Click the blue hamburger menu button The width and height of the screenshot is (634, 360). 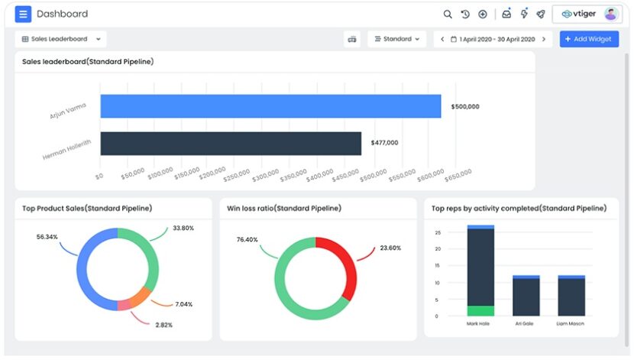tap(23, 14)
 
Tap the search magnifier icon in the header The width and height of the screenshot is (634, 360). tap(448, 14)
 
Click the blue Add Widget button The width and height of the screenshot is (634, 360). tap(589, 39)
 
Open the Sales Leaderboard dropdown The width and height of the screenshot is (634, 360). tap(60, 39)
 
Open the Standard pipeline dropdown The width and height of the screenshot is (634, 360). tap(396, 39)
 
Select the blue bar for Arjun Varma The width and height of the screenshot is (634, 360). tap(270, 106)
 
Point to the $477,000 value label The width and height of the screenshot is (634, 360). tap(384, 143)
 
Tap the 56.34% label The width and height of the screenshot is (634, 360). tap(47, 237)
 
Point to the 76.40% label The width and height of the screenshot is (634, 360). tap(247, 239)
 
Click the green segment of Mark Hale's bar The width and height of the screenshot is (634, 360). tap(480, 310)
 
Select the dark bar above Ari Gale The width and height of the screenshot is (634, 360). tap(526, 297)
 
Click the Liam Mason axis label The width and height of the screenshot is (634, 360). tap(571, 323)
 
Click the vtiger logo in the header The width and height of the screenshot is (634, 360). tap(577, 14)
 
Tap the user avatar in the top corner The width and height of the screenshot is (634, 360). tap(611, 14)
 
